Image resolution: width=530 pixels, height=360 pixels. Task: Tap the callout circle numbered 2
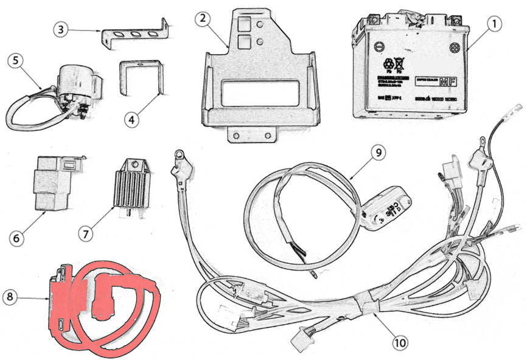[x=203, y=19]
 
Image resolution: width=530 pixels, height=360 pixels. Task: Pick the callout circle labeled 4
[x=133, y=119]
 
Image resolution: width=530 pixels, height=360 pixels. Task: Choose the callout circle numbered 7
[x=87, y=232]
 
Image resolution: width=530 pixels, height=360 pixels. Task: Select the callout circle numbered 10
[x=399, y=342]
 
